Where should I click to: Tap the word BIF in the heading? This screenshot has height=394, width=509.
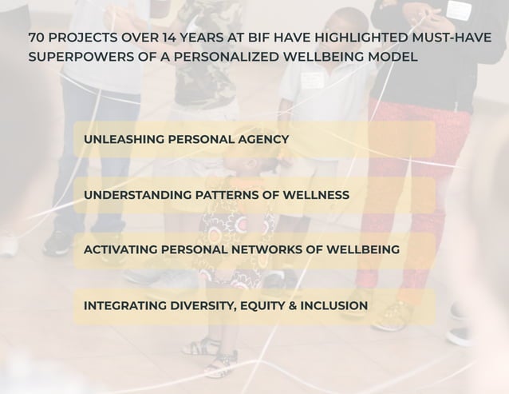258,38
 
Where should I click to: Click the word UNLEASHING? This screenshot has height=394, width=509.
120,139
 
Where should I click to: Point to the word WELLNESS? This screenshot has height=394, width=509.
315,195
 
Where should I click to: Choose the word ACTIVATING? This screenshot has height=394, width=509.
120,250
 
